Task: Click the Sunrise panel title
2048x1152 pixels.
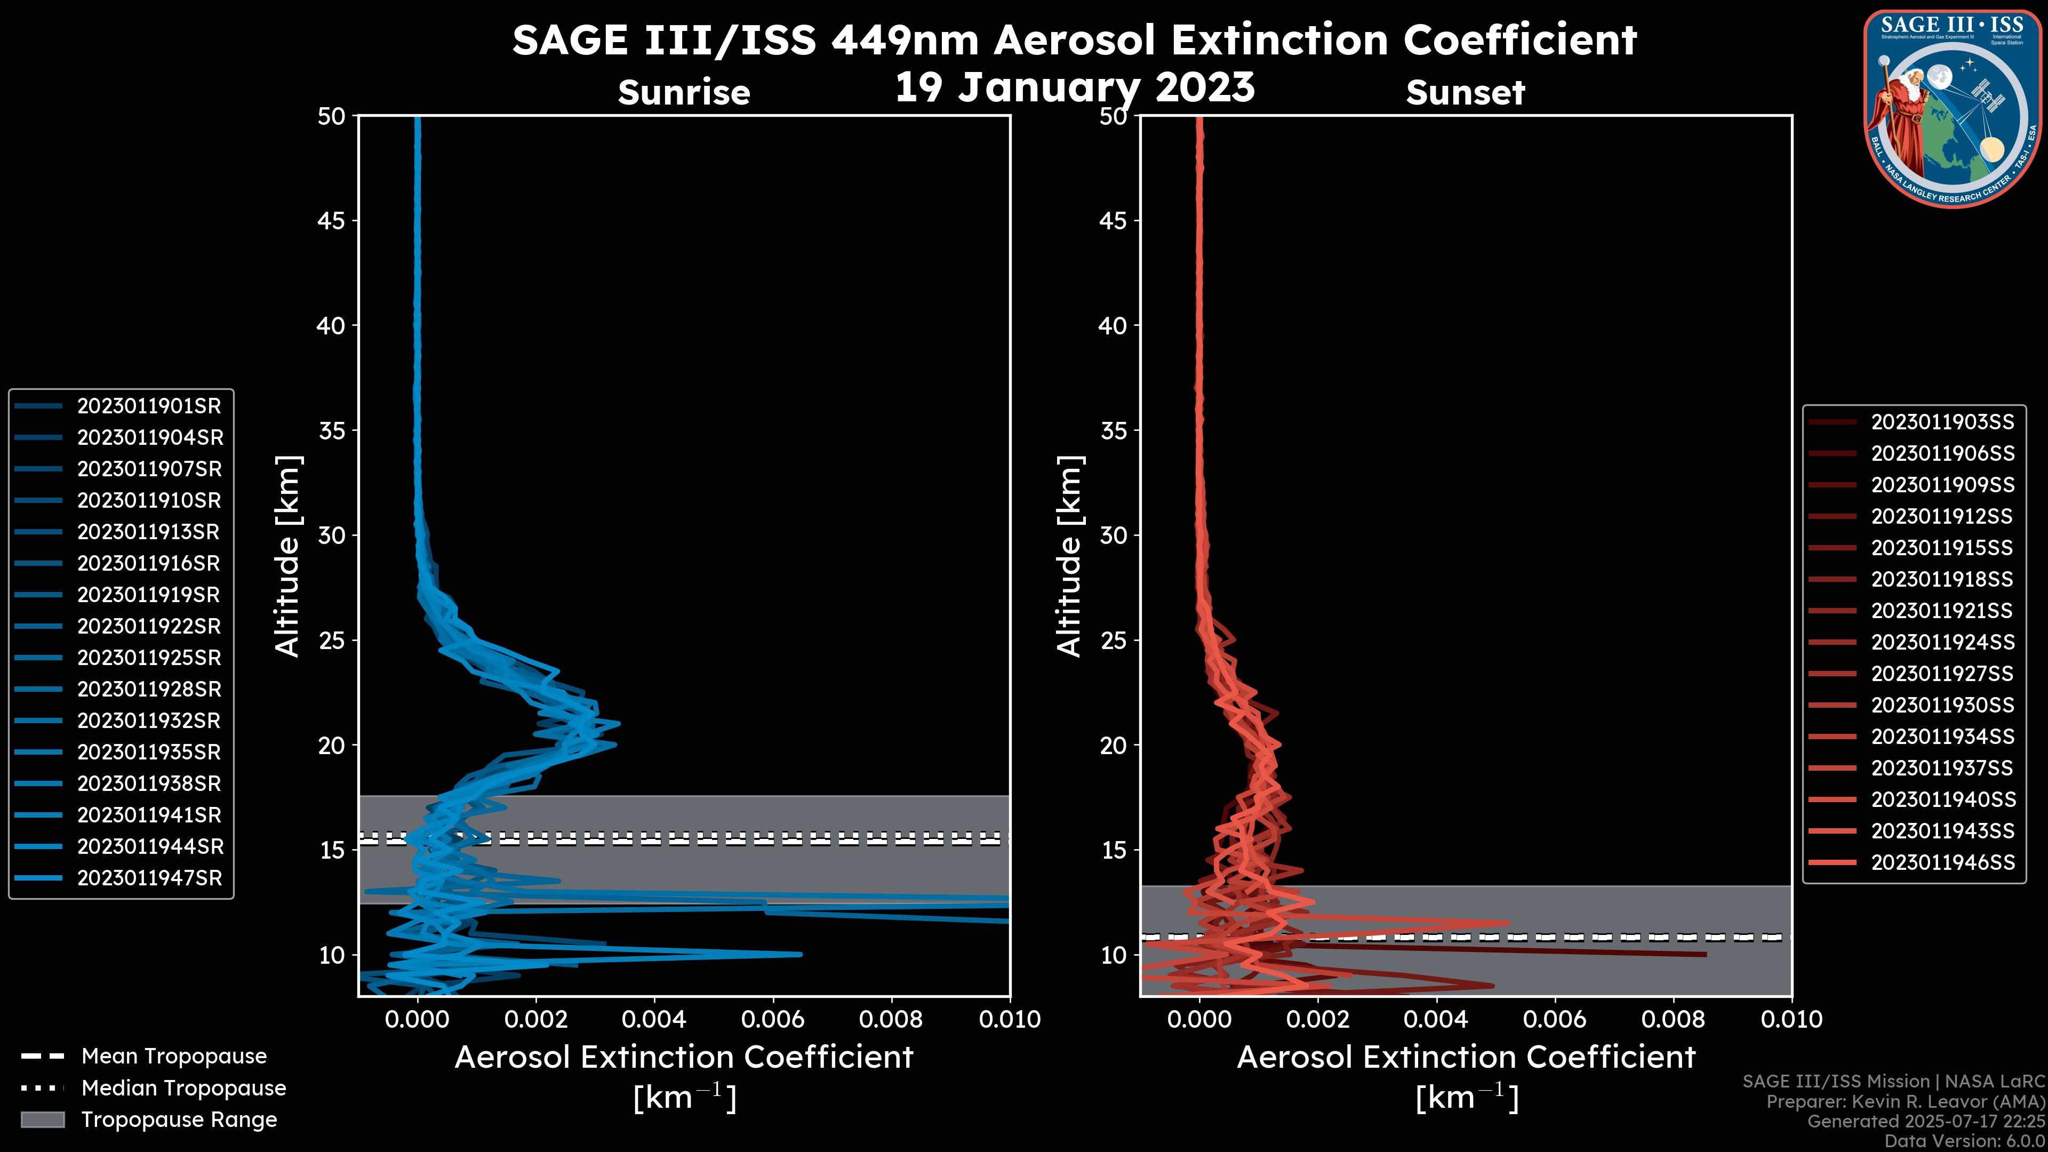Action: click(684, 92)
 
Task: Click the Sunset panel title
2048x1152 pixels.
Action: click(1465, 92)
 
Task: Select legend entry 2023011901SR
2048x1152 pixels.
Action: click(149, 406)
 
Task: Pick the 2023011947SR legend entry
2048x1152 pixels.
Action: click(149, 878)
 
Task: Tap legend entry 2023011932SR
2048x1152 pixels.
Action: click(149, 721)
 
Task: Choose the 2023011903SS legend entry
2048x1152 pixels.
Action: click(1942, 422)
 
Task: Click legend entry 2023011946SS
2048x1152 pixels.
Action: click(1942, 862)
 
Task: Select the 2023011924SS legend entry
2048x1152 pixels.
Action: click(1942, 642)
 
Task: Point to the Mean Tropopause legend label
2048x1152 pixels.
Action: click(174, 1056)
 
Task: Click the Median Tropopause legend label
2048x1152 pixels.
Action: click(183, 1087)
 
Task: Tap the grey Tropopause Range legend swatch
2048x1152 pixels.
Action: click(42, 1119)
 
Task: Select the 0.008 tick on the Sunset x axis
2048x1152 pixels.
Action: click(1674, 1019)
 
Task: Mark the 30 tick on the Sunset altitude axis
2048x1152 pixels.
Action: click(1113, 535)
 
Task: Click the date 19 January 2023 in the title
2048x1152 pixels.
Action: click(1075, 87)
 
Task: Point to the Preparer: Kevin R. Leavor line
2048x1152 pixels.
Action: click(1905, 1101)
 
